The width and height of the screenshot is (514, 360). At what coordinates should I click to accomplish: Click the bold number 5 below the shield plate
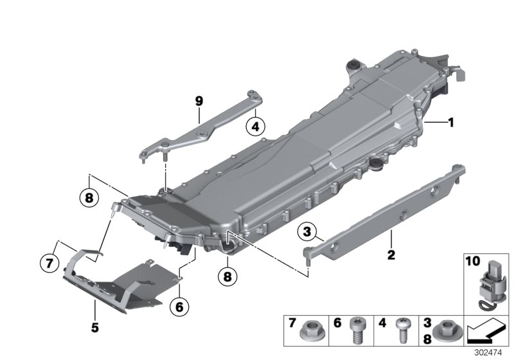click(94, 327)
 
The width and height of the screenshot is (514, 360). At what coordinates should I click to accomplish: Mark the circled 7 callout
click(48, 262)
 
